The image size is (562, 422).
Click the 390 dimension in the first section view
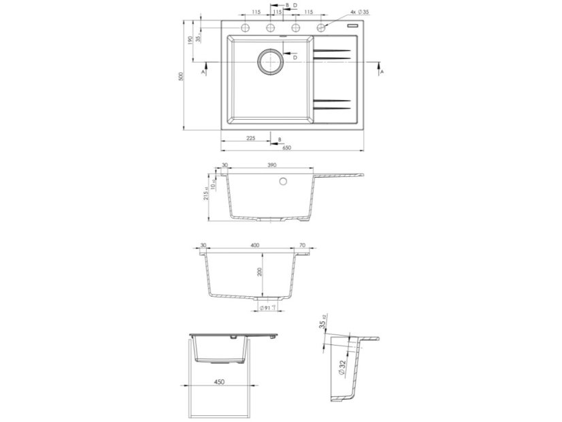[271, 165]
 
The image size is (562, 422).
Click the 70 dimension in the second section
[303, 244]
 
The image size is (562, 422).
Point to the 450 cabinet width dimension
[219, 383]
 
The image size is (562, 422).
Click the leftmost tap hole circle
[244, 28]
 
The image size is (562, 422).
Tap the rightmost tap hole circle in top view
[322, 28]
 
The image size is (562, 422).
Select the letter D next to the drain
[295, 58]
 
